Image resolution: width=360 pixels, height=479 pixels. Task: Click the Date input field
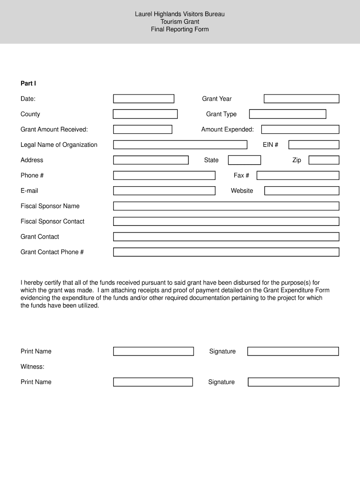(x=144, y=99)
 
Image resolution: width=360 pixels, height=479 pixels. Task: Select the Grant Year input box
(x=301, y=99)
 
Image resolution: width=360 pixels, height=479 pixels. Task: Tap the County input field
(x=145, y=114)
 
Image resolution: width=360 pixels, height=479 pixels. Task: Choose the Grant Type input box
(x=287, y=114)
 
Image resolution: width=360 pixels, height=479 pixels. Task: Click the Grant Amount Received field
(x=143, y=130)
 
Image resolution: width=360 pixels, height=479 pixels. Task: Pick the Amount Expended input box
(x=300, y=130)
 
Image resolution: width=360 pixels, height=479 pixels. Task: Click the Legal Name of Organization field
(x=180, y=145)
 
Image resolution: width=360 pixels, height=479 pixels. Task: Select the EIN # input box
(x=313, y=145)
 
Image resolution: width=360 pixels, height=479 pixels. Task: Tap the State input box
(x=244, y=160)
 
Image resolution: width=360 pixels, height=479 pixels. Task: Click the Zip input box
(x=324, y=160)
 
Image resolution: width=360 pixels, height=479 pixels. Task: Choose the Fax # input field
(x=297, y=175)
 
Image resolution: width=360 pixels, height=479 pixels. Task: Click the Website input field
(x=301, y=191)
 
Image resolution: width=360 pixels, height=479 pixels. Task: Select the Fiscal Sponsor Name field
(x=226, y=206)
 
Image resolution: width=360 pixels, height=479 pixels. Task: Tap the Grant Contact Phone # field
(x=226, y=252)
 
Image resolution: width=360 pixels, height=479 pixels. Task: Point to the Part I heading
(x=28, y=83)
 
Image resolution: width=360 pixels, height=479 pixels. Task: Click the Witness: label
(x=32, y=367)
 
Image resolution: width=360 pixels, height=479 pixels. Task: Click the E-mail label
(x=29, y=191)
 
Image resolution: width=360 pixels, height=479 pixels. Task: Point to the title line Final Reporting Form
(x=180, y=29)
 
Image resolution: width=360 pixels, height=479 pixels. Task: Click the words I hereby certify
(x=43, y=283)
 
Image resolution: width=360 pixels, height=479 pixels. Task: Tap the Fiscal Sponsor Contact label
(x=52, y=221)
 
